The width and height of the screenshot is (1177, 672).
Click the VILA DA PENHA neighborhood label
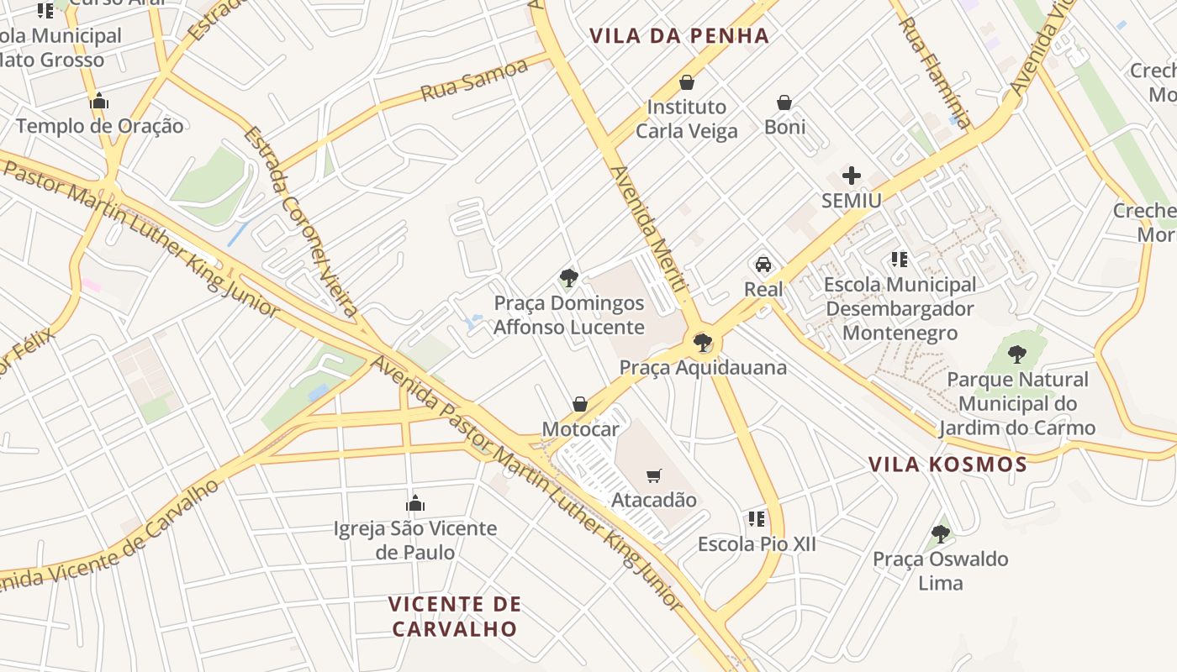(679, 36)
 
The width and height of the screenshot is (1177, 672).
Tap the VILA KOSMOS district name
(947, 465)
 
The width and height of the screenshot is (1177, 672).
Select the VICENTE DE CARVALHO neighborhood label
(455, 616)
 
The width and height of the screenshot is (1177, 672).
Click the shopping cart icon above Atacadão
(654, 476)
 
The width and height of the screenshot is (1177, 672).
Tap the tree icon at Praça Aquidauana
(702, 343)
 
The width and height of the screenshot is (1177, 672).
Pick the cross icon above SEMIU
(852, 176)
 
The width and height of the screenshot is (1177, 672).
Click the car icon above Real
(763, 265)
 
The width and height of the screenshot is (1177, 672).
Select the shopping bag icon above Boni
(784, 102)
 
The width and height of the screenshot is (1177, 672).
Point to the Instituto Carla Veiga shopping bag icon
(687, 82)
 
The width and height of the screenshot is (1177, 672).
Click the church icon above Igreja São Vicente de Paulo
(414, 503)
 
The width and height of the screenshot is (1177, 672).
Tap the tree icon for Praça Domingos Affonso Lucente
(569, 278)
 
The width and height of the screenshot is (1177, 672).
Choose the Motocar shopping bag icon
(580, 404)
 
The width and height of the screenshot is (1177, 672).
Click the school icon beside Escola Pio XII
(757, 519)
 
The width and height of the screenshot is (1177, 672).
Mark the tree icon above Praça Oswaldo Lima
(940, 533)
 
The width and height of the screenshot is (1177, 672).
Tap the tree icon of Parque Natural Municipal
(1017, 354)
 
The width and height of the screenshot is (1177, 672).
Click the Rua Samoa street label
(473, 81)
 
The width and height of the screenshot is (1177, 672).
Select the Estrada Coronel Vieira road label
(301, 223)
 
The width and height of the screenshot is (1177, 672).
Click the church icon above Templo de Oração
(99, 102)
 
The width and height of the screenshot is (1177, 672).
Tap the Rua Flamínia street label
(935, 73)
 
